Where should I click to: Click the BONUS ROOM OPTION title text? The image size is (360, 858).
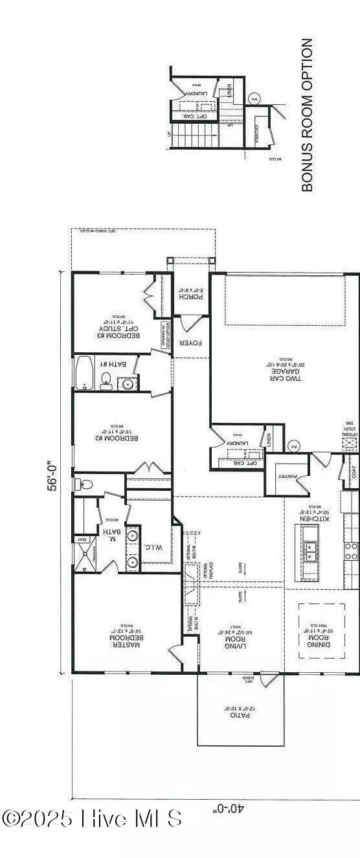(x=308, y=115)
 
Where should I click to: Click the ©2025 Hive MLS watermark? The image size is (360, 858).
(x=92, y=818)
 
